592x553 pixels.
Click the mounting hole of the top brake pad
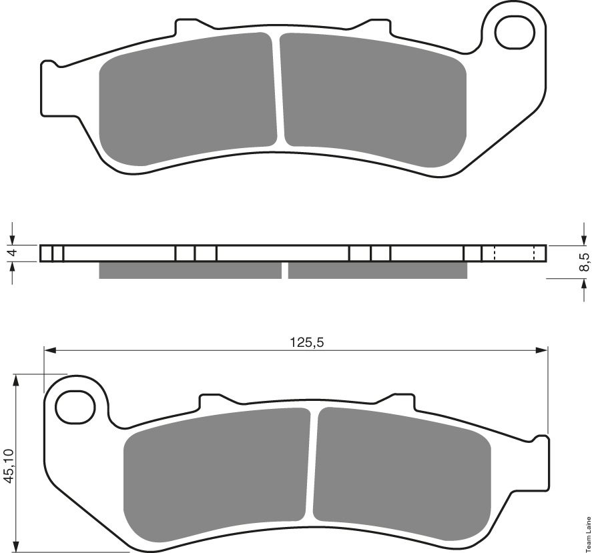[515, 33]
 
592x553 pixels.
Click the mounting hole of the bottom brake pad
[75, 406]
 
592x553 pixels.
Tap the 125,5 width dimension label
[307, 342]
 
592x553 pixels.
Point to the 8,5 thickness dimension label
[585, 261]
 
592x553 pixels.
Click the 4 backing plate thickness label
[12, 252]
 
